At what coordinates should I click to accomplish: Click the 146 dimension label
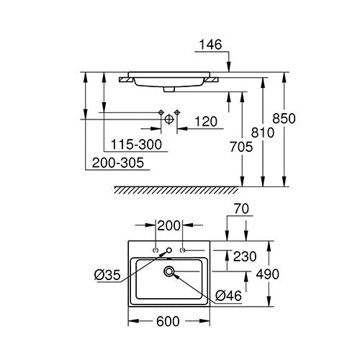pos(210,45)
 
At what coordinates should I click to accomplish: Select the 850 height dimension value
pos(284,119)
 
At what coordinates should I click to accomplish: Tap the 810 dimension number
pos(263,132)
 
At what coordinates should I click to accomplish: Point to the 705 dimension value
pos(241,147)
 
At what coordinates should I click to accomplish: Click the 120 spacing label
pos(206,122)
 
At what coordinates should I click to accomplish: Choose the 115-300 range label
pos(136,145)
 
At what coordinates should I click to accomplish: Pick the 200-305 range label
pos(118,163)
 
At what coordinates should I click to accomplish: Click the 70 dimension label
pos(241,209)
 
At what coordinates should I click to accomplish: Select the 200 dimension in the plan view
pos(168,225)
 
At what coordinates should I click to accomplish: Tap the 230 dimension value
pos(245,256)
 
